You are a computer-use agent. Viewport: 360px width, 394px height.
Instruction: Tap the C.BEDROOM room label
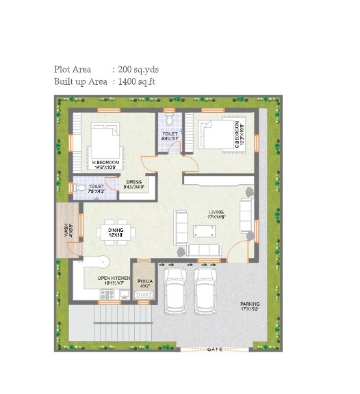pos(236,133)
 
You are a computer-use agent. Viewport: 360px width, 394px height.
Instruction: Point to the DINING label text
pos(114,232)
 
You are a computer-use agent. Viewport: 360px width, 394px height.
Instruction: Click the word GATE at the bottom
pos(215,350)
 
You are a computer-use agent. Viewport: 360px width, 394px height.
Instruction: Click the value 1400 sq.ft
pos(139,81)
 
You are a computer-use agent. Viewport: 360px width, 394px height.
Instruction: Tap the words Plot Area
pos(73,69)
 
